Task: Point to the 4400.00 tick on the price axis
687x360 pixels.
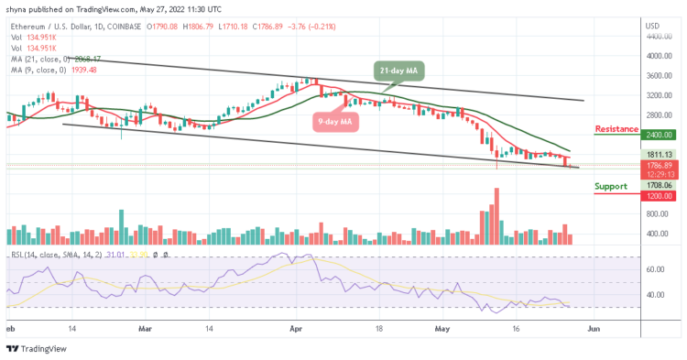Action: (657, 37)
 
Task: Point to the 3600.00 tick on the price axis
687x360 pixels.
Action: (657, 76)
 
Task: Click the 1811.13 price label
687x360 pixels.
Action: (658, 154)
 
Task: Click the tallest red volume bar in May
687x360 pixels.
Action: (496, 215)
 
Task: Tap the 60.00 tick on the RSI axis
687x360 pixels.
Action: (654, 270)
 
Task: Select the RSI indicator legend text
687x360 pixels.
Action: (46, 253)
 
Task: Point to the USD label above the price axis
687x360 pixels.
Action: (652, 26)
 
